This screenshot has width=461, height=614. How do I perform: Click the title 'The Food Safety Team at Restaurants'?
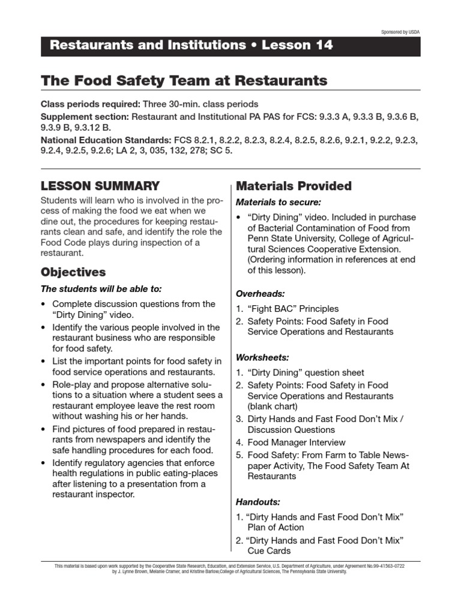click(x=184, y=80)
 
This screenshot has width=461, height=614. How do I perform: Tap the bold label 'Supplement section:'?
click(x=85, y=116)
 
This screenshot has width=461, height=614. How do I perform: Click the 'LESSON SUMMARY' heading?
click(x=100, y=186)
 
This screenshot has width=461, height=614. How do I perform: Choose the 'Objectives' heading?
click(x=73, y=272)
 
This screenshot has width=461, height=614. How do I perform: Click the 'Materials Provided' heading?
click(x=294, y=186)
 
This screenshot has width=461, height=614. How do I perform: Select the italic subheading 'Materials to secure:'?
click(x=279, y=202)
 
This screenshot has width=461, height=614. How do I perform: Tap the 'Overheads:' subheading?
click(x=261, y=294)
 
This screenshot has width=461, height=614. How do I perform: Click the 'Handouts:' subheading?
click(x=258, y=501)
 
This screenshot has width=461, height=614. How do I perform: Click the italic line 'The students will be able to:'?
click(x=101, y=288)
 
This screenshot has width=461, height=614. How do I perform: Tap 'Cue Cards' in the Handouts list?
click(x=269, y=550)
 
